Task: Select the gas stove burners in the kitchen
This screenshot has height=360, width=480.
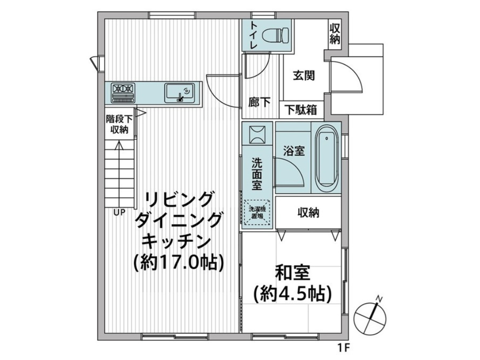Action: click(x=124, y=93)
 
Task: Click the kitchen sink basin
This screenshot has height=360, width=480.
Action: click(x=180, y=93)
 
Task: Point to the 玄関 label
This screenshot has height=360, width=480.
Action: click(x=304, y=75)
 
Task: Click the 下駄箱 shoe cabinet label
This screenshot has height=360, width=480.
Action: click(x=301, y=110)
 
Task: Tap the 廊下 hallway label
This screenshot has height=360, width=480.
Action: click(x=259, y=102)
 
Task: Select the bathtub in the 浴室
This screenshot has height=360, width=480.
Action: click(x=327, y=157)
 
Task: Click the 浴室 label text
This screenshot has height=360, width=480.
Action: click(x=293, y=150)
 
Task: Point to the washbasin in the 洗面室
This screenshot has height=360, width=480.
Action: click(x=256, y=134)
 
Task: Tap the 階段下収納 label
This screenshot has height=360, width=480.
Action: click(x=120, y=124)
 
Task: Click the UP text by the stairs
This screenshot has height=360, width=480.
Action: click(x=120, y=212)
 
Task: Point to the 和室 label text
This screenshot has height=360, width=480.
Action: click(x=292, y=272)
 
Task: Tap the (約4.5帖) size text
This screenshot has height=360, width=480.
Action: click(x=292, y=294)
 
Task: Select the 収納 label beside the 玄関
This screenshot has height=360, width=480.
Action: click(x=335, y=34)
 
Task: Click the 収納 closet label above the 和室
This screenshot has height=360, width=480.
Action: click(x=308, y=213)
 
